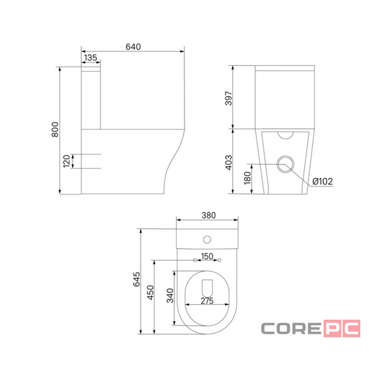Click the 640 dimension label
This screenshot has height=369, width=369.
[x=133, y=46]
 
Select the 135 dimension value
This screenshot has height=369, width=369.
[x=91, y=57]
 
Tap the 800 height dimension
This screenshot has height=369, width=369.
[x=55, y=129]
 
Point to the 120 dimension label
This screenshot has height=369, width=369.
[x=67, y=161]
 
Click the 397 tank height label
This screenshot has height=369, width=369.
[x=229, y=99]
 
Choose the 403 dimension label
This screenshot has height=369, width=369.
[x=229, y=162]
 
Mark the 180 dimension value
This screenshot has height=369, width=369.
[x=247, y=178]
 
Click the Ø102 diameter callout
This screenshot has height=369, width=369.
[x=323, y=181]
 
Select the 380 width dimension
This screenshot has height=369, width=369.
[x=209, y=215]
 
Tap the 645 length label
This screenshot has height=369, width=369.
[x=137, y=279]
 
